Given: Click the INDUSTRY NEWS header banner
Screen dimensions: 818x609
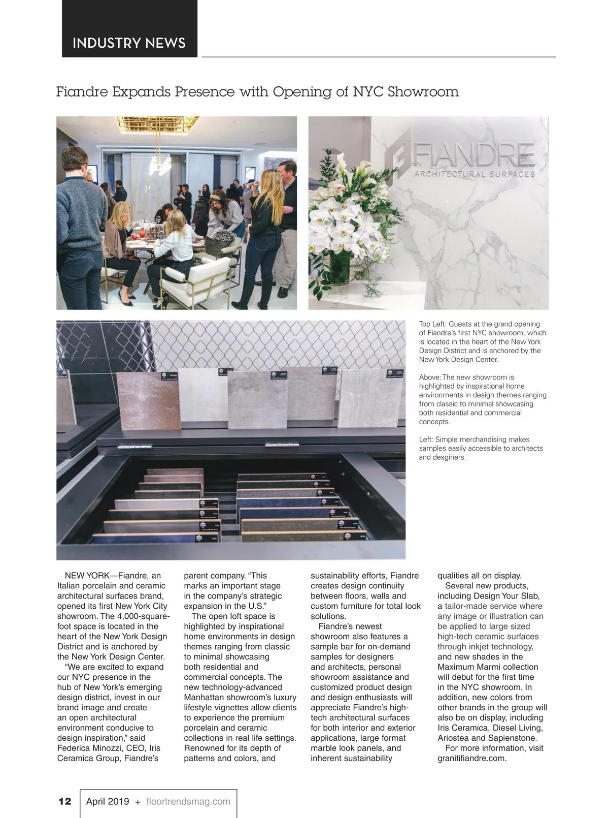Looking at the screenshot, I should (x=129, y=43).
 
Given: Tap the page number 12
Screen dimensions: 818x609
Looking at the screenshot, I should (x=65, y=801).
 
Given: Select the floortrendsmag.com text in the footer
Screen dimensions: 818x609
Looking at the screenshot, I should (x=188, y=801).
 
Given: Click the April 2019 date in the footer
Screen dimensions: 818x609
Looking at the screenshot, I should (x=108, y=801).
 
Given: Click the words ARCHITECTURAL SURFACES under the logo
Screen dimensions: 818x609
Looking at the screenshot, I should (x=475, y=174).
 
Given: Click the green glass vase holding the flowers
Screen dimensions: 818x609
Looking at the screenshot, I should (x=341, y=267).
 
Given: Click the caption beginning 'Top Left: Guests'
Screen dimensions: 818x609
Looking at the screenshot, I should (x=482, y=341).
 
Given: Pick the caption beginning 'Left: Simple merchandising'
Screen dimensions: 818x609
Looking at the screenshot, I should (x=481, y=448).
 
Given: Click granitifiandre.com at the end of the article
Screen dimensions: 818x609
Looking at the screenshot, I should (x=472, y=759).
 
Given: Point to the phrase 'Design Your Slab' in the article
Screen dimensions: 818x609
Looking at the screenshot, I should (x=506, y=596).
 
